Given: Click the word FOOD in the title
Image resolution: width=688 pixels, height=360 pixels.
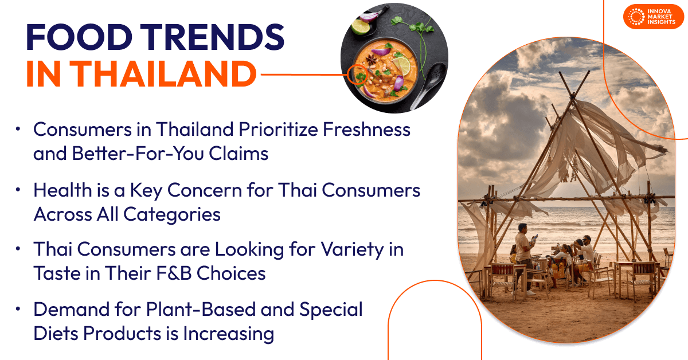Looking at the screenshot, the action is pyautogui.click(x=79, y=37).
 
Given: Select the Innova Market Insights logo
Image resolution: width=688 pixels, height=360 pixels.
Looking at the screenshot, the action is pyautogui.click(x=653, y=17).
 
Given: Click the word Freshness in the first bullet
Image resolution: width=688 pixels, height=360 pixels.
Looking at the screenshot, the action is pyautogui.click(x=366, y=130).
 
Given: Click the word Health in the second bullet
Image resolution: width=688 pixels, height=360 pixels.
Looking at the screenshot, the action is pyautogui.click(x=62, y=190).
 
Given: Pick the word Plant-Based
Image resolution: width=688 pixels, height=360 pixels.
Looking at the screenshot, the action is pyautogui.click(x=201, y=310).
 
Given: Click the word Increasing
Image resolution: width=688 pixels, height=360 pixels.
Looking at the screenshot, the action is pyautogui.click(x=229, y=334).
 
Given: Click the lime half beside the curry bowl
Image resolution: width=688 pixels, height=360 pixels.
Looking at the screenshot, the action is pyautogui.click(x=361, y=26).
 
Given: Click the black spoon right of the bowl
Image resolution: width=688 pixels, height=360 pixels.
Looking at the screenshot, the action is pyautogui.click(x=429, y=85).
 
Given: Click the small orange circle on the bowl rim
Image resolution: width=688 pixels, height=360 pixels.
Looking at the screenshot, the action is pyautogui.click(x=358, y=75).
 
